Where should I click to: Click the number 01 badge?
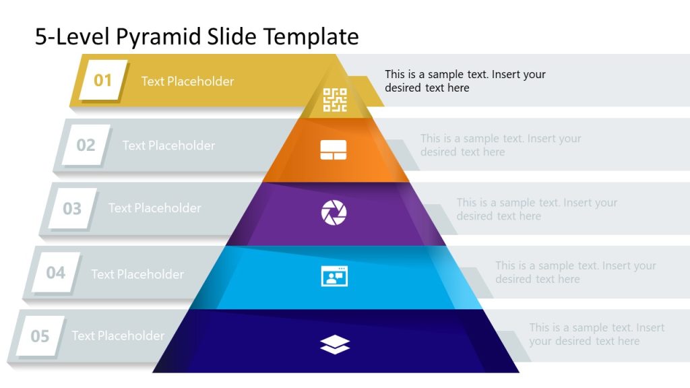[x=102, y=81]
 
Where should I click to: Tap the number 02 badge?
[x=86, y=145]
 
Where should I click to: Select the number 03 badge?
[x=71, y=208]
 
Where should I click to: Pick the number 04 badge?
[x=55, y=273]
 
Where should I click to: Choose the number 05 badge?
[x=40, y=335]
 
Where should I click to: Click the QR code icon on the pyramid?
[x=335, y=100]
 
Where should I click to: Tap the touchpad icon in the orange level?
[x=334, y=150]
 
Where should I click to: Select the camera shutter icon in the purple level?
[x=334, y=213]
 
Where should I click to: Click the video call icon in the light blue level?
[x=334, y=276]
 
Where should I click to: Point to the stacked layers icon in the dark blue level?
[x=335, y=345]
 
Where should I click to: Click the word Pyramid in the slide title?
[x=150, y=36]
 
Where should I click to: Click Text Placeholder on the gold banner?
[x=187, y=82]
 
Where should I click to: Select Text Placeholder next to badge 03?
[x=154, y=208]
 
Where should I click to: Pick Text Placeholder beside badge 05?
[x=118, y=335]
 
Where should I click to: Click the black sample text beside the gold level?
[x=465, y=81]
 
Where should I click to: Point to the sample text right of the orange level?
[x=501, y=145]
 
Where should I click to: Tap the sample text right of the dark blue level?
[x=596, y=334]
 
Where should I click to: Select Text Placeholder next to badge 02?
[x=168, y=145]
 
